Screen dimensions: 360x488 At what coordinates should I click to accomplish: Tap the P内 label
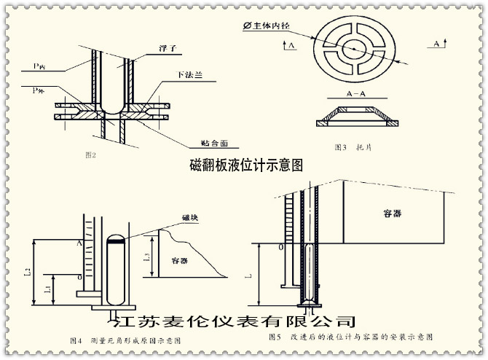click(x=39, y=66)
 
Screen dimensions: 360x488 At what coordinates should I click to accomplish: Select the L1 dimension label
click(x=48, y=289)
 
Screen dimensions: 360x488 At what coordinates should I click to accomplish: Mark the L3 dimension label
click(x=146, y=256)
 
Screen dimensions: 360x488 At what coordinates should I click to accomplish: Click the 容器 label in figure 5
click(x=392, y=214)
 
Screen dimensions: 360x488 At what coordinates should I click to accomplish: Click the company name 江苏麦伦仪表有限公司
click(x=232, y=320)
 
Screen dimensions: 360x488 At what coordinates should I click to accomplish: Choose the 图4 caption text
click(x=125, y=340)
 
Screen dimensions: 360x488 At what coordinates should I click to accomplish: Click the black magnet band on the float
click(x=116, y=237)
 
